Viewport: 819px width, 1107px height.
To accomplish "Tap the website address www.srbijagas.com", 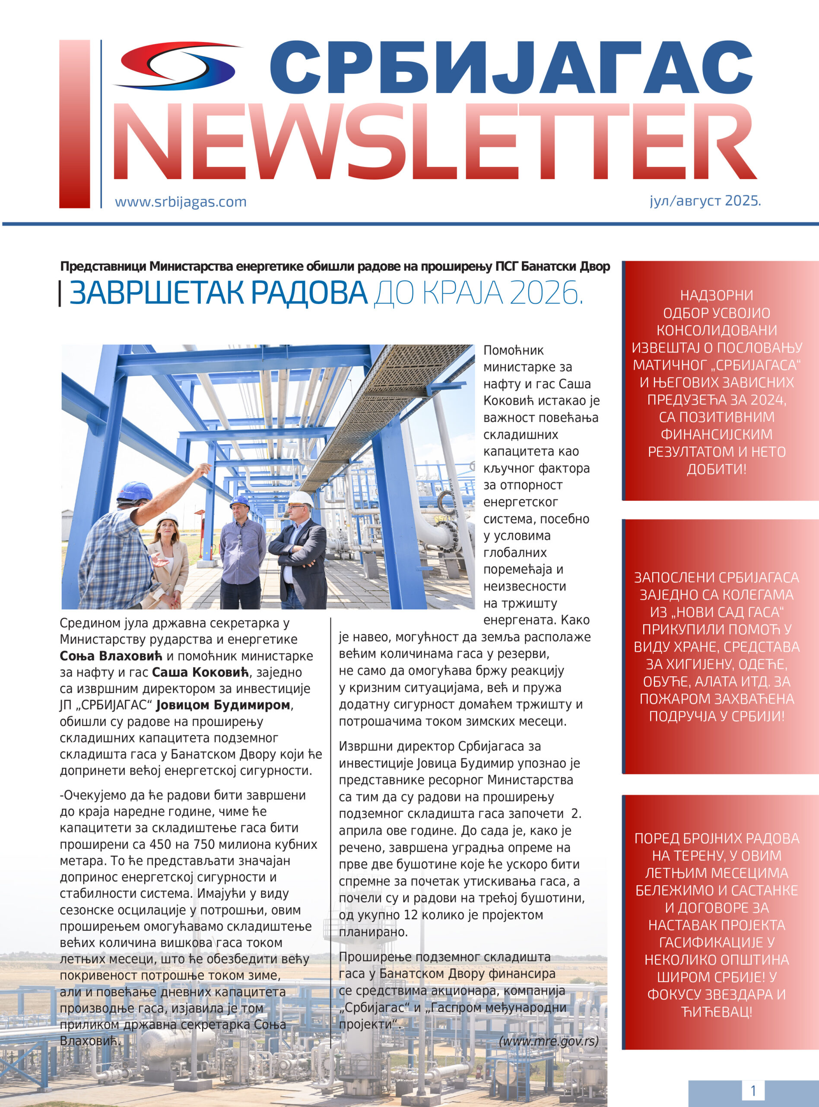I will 181,202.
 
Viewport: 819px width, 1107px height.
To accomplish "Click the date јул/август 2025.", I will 705,201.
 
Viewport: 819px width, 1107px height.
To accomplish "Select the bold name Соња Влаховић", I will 111,656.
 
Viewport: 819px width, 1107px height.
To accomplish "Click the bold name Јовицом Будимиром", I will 222,705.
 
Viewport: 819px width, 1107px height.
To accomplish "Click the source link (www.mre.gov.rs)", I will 549,1040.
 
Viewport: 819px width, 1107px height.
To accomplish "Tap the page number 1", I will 753,1091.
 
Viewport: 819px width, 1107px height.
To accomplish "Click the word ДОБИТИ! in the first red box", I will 716,469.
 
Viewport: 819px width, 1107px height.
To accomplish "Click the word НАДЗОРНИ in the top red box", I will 716,295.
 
